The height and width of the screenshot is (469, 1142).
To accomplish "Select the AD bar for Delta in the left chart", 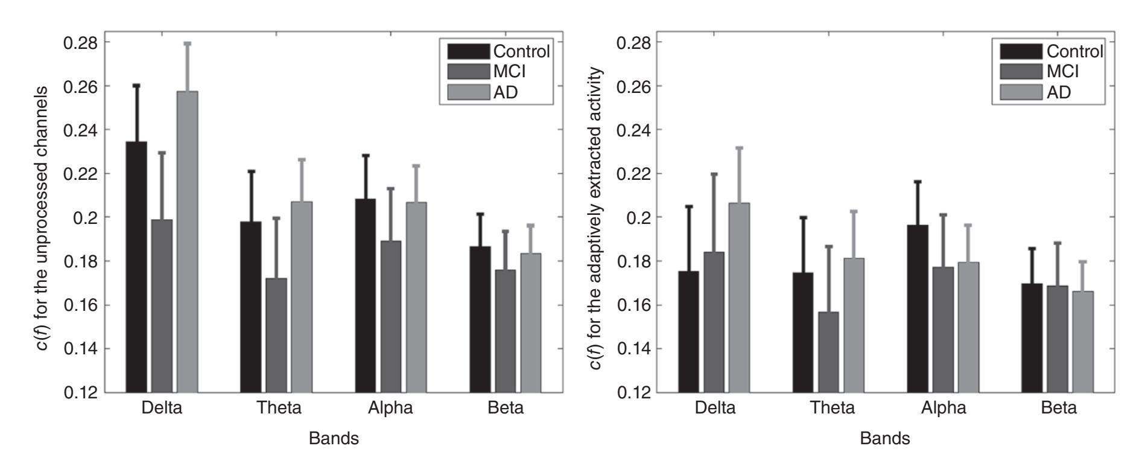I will (187, 241).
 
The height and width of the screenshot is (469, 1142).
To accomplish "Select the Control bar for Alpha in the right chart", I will (918, 308).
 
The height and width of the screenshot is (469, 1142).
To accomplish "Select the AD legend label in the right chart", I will (1059, 92).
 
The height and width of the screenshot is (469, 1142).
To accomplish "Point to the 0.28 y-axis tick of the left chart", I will (84, 43).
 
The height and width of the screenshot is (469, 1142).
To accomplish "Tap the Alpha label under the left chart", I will (390, 408).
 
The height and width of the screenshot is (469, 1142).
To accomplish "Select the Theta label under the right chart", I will (833, 408).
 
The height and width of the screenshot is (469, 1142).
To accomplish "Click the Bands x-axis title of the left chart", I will (334, 439).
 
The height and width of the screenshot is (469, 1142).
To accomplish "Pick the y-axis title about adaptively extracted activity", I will (596, 217).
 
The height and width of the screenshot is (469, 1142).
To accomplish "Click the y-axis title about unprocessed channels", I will (44, 217).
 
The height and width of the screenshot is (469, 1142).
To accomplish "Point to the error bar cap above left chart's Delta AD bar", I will (187, 43).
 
